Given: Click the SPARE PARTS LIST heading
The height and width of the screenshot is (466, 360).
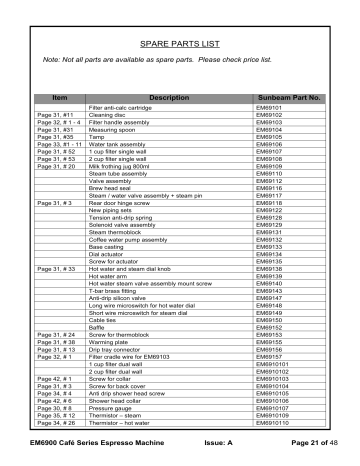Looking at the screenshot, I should [180, 45].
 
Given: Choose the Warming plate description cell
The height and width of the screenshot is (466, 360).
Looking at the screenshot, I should [110, 339].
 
